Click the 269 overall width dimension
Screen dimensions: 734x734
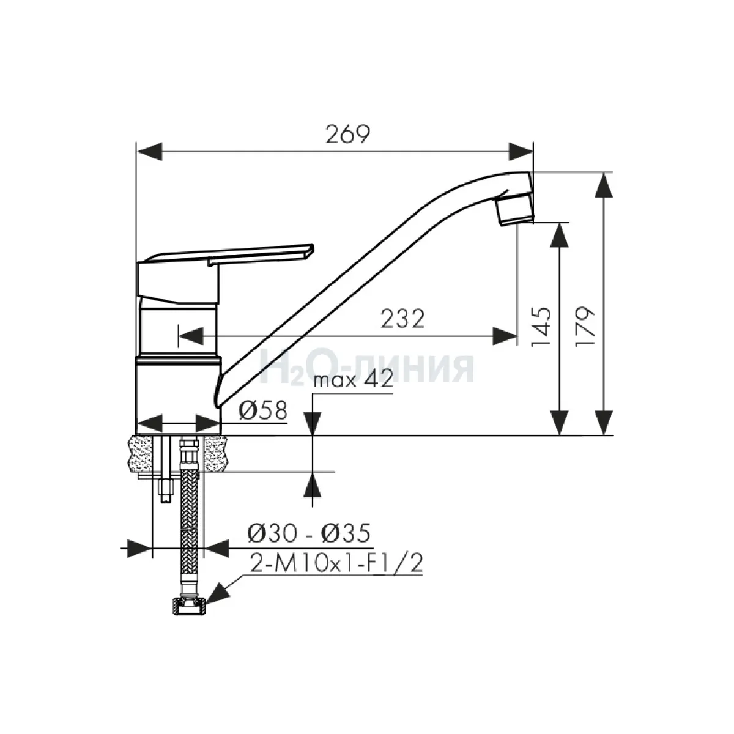pyautogui.click(x=347, y=134)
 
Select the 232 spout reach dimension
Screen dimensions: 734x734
pyautogui.click(x=402, y=319)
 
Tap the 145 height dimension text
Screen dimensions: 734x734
pyautogui.click(x=541, y=327)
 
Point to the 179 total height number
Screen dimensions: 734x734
pyautogui.click(x=585, y=326)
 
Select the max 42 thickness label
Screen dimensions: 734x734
pyautogui.click(x=353, y=379)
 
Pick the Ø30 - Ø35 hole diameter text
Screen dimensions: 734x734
pyautogui.click(x=308, y=533)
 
